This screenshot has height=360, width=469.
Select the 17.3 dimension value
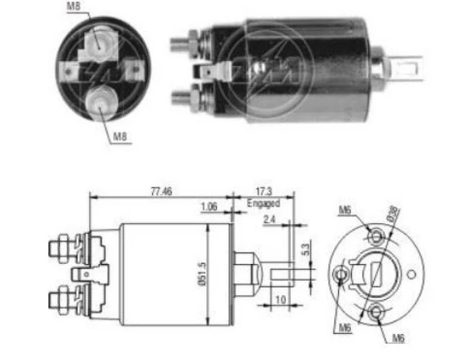coord(262,191)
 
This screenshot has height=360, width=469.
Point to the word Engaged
coord(263,203)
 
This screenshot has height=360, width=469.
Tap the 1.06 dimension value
coord(209,207)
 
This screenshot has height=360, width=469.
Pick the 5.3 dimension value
coord(306,249)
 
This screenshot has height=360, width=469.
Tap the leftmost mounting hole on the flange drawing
coord(341,274)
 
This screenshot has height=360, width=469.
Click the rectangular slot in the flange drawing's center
coord(378,275)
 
